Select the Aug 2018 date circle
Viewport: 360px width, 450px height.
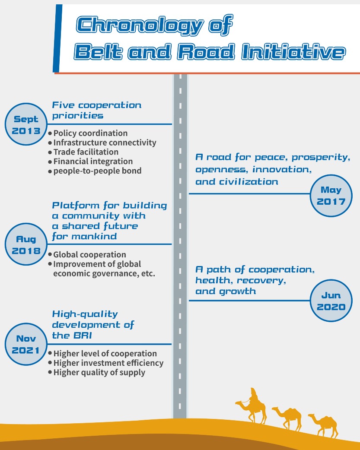tap(25, 245)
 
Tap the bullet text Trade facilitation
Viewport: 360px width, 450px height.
tap(86, 152)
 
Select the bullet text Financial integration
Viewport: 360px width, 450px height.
tap(93, 162)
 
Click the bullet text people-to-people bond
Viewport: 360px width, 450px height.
tap(97, 171)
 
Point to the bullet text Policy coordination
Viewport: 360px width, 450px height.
tap(90, 133)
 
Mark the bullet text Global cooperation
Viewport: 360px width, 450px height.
tap(89, 255)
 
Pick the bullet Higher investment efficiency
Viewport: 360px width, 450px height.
tap(108, 363)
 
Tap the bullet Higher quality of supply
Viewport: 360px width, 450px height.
tap(99, 372)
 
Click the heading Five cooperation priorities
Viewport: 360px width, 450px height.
tap(96, 110)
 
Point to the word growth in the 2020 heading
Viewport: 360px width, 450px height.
tap(237, 291)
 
